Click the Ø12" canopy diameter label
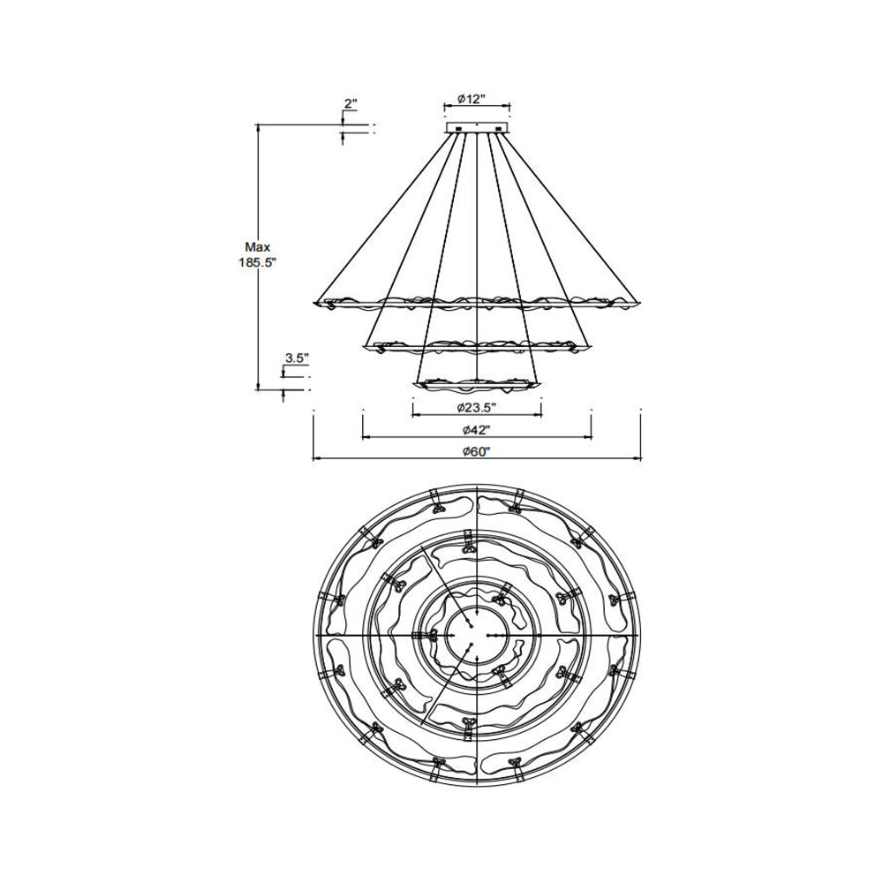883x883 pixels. pyautogui.click(x=477, y=99)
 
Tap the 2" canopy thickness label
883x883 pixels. pyautogui.click(x=351, y=104)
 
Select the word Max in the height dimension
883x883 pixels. pyautogui.click(x=258, y=248)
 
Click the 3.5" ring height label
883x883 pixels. pyautogui.click(x=296, y=358)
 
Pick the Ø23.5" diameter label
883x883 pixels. pyautogui.click(x=477, y=407)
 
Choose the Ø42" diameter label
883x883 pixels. pyautogui.click(x=477, y=430)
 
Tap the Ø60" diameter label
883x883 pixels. pyautogui.click(x=477, y=452)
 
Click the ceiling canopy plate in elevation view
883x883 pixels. pyautogui.click(x=478, y=130)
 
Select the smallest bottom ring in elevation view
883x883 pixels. pyautogui.click(x=477, y=385)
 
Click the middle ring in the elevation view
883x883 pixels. pyautogui.click(x=477, y=346)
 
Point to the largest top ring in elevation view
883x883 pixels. pyautogui.click(x=477, y=302)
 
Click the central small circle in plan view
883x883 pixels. pyautogui.click(x=478, y=635)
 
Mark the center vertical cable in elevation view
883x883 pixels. pyautogui.click(x=478, y=247)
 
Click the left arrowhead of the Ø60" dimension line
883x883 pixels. pyautogui.click(x=316, y=458)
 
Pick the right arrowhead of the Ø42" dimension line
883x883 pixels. pyautogui.click(x=588, y=436)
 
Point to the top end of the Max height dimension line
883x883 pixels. pyautogui.click(x=258, y=126)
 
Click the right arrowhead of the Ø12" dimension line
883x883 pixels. pyautogui.click(x=509, y=106)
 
